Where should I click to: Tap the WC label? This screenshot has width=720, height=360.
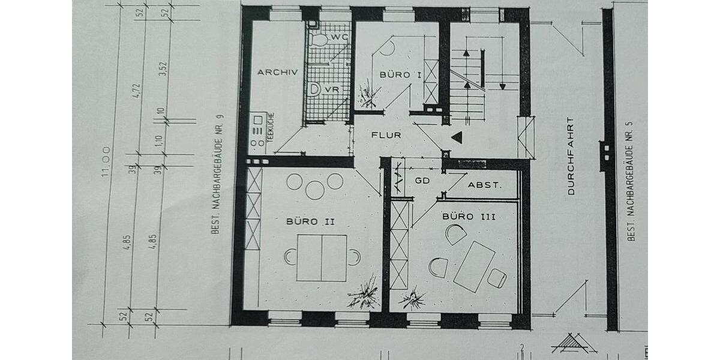point(339,37)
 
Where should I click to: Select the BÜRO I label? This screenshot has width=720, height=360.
point(400,74)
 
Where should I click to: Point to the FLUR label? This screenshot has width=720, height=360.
point(386,135)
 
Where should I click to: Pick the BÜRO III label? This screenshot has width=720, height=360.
point(469,216)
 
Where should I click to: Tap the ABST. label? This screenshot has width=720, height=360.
point(484,185)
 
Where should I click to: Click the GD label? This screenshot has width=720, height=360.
point(422,180)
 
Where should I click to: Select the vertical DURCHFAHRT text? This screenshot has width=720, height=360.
point(571,156)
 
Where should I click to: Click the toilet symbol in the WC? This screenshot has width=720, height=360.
point(320,40)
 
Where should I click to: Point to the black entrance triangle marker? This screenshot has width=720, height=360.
point(457,138)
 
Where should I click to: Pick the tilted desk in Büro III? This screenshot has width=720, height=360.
point(474,266)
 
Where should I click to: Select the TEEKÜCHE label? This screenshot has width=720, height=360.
point(271,128)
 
